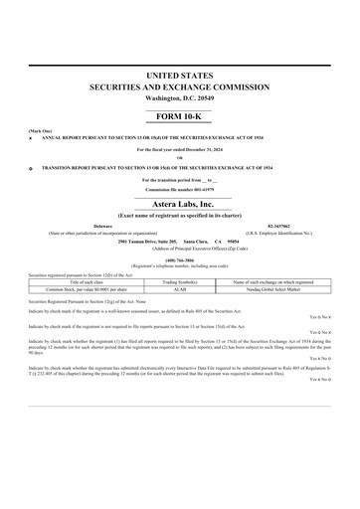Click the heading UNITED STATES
pos(180,76)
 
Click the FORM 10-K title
pos(180,116)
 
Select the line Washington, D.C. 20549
pos(180,99)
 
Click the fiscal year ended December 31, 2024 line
pos(180,149)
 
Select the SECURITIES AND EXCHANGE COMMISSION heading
pos(180,87)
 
